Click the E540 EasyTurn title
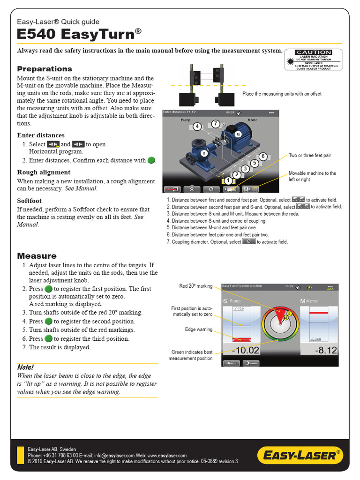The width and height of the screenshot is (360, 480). click(79, 34)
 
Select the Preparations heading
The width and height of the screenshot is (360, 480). click(45, 69)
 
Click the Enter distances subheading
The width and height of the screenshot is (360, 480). click(41, 135)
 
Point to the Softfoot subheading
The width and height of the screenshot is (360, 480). click(30, 200)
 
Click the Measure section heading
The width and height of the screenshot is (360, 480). click(37, 256)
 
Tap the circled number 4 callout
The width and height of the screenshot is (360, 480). click(197, 126)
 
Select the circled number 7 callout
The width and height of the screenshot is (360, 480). click(215, 124)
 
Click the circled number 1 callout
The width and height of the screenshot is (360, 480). click(228, 180)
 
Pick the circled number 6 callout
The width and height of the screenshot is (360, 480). click(263, 156)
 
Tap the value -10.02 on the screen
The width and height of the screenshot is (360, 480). click(242, 350)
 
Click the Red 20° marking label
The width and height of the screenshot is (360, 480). click(195, 286)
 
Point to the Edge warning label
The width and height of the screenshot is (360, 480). click(198, 330)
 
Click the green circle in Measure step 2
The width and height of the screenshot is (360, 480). click(48, 289)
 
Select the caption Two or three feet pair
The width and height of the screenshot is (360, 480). click(310, 155)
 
